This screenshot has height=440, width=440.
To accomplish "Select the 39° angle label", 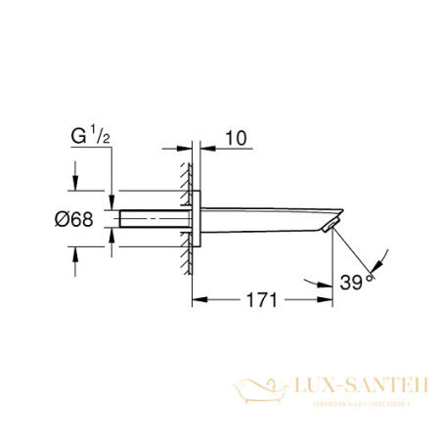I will tap(357, 284).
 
